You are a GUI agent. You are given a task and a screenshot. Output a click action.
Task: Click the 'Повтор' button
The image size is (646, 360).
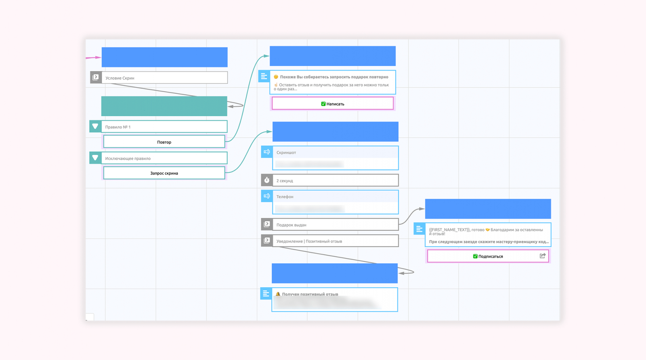[x=164, y=142]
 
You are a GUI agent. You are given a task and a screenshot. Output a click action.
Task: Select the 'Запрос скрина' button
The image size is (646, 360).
[x=164, y=173]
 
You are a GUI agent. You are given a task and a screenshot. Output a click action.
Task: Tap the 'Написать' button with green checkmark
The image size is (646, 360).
[x=333, y=104]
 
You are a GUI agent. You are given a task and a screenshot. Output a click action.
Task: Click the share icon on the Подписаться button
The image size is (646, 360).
[x=543, y=256]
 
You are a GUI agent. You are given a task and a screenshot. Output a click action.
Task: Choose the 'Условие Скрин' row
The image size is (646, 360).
[x=164, y=78]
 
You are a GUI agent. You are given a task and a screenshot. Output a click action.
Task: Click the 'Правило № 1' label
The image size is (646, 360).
[x=118, y=127]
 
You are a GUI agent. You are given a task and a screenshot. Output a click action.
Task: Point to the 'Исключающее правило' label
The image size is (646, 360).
[x=128, y=159]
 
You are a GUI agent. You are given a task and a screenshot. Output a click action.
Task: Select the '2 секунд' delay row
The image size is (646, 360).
[x=335, y=181]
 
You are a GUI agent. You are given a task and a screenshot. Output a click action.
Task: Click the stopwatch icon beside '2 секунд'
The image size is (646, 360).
[x=267, y=180]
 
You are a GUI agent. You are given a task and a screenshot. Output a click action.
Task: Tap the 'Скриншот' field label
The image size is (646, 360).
[x=286, y=153]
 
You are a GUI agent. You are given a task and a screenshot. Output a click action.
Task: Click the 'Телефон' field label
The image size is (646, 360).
[x=285, y=197]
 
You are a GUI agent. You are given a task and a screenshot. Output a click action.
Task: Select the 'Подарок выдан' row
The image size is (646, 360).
[x=335, y=225]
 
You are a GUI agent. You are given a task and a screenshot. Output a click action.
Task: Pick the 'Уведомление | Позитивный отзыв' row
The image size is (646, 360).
[x=335, y=241]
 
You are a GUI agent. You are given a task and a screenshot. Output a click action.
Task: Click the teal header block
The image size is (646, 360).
[x=164, y=106]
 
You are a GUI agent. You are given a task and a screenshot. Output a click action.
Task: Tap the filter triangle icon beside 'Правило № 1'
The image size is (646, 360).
[x=95, y=127]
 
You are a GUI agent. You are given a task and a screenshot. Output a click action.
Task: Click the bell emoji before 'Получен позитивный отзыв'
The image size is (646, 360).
[x=278, y=294]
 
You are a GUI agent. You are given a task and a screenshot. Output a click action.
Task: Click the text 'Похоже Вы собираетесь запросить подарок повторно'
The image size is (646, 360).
[x=334, y=77]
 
